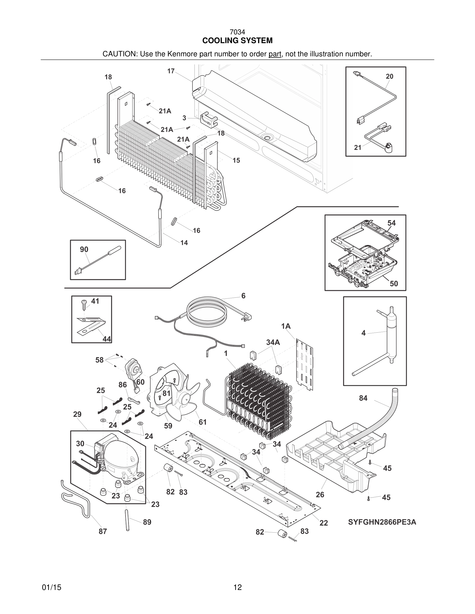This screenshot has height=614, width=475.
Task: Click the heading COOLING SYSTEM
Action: click(237, 41)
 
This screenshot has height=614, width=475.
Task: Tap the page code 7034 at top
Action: click(237, 32)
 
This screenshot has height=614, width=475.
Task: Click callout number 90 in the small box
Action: click(84, 249)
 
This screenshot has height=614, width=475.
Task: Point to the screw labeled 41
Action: click(84, 304)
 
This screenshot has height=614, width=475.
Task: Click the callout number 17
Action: click(171, 71)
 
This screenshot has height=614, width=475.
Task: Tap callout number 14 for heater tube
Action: click(184, 243)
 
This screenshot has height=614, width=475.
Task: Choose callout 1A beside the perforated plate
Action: click(286, 326)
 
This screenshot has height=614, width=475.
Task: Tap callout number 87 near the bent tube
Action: click(103, 531)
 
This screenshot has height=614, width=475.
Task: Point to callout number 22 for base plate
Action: click(324, 523)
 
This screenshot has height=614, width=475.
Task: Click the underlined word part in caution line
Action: click(275, 54)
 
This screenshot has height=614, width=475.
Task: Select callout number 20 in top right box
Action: click(389, 76)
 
